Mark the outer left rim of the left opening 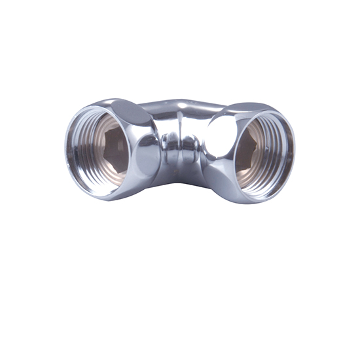pos(67,152)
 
